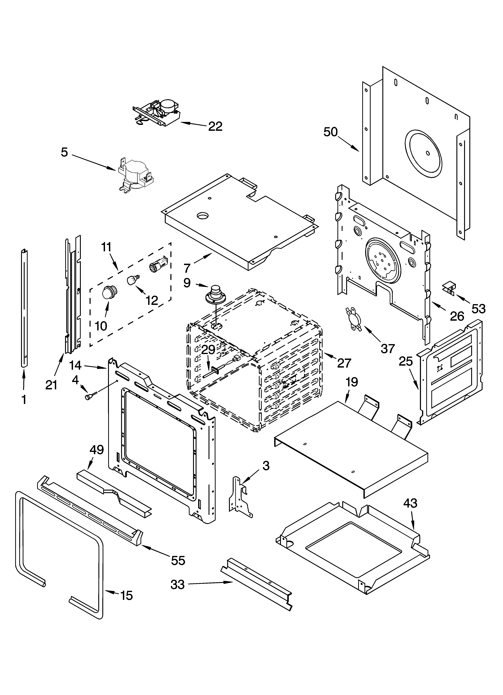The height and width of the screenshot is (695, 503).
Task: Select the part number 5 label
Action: tap(64, 152)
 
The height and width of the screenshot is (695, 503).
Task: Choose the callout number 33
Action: tap(178, 584)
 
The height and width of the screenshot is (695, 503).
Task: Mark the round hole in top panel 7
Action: tap(202, 216)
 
